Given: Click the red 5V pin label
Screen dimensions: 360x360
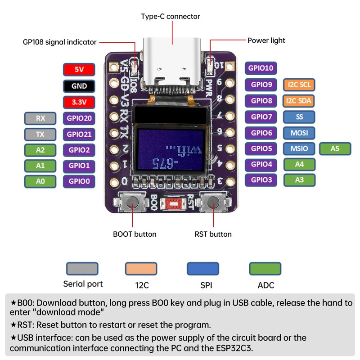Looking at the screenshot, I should click(79, 69).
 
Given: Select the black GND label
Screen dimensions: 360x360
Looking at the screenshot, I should click(79, 85).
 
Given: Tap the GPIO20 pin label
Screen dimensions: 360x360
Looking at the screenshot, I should click(79, 118).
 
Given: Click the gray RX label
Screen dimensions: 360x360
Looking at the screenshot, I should click(40, 118).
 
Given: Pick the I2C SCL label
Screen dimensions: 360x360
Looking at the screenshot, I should click(299, 85).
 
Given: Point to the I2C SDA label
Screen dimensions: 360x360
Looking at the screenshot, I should click(299, 101).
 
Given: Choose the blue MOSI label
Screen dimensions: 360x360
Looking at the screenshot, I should click(299, 133).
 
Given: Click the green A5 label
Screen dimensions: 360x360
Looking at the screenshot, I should click(335, 148).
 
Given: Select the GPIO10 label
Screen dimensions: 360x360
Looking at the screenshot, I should click(261, 68).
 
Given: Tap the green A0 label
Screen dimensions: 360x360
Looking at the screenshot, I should click(40, 181).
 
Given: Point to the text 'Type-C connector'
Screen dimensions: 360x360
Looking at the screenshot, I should click(171, 16).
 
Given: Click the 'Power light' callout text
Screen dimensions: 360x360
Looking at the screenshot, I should click(266, 40).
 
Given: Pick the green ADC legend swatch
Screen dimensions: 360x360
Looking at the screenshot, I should click(265, 269).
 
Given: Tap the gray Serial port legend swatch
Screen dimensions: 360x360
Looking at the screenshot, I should click(82, 269).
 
